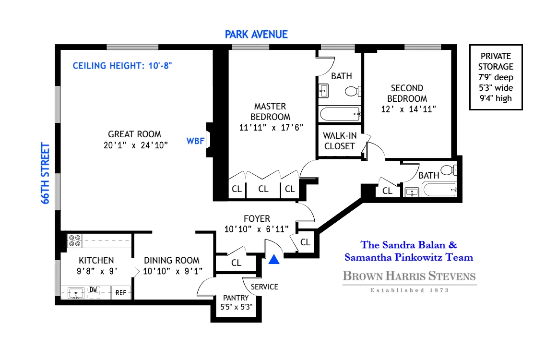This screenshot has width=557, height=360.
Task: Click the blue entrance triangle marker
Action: [x=273, y=260]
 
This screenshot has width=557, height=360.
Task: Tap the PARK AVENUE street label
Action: [x=256, y=34]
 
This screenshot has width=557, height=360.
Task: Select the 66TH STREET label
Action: [x=46, y=173]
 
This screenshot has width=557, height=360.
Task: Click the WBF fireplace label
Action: [x=194, y=141]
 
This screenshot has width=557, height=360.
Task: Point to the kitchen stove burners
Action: [x=74, y=240]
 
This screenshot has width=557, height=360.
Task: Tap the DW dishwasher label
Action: [x=93, y=289]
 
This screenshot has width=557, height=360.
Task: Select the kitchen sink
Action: [x=74, y=293]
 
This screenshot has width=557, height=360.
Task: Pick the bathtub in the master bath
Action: [x=340, y=114]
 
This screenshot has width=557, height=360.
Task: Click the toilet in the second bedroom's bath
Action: [x=448, y=169]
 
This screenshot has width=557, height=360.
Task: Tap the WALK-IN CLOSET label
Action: [x=339, y=141]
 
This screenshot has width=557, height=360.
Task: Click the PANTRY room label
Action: [x=235, y=298]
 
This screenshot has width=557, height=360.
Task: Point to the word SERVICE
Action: [x=265, y=287]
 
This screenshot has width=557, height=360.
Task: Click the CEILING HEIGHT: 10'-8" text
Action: [x=122, y=66]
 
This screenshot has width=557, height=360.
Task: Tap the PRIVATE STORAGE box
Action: [x=496, y=77]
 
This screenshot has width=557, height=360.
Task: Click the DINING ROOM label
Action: [x=172, y=260]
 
